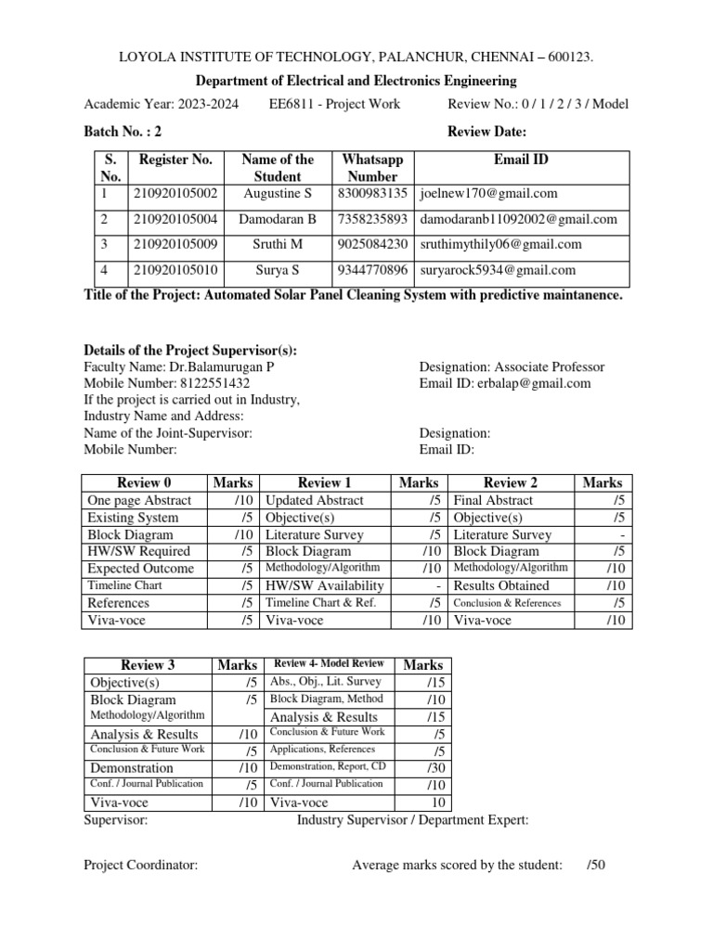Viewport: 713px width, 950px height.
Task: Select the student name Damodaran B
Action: (278, 220)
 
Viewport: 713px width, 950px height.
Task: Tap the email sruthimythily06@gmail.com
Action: (501, 245)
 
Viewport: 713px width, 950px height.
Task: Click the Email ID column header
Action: (521, 160)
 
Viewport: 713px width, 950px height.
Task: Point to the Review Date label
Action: (487, 132)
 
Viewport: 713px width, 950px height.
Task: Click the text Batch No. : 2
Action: (123, 132)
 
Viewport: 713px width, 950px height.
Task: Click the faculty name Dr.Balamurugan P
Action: (222, 366)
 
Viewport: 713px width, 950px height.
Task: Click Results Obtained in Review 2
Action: (501, 585)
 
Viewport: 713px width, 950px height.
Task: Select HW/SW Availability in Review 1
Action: (325, 585)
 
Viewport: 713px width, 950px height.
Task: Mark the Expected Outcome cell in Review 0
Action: (141, 569)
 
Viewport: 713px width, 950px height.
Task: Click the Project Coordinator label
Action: (140, 866)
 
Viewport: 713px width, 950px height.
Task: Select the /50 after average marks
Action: (595, 866)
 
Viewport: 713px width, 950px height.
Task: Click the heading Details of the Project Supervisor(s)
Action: (190, 350)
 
